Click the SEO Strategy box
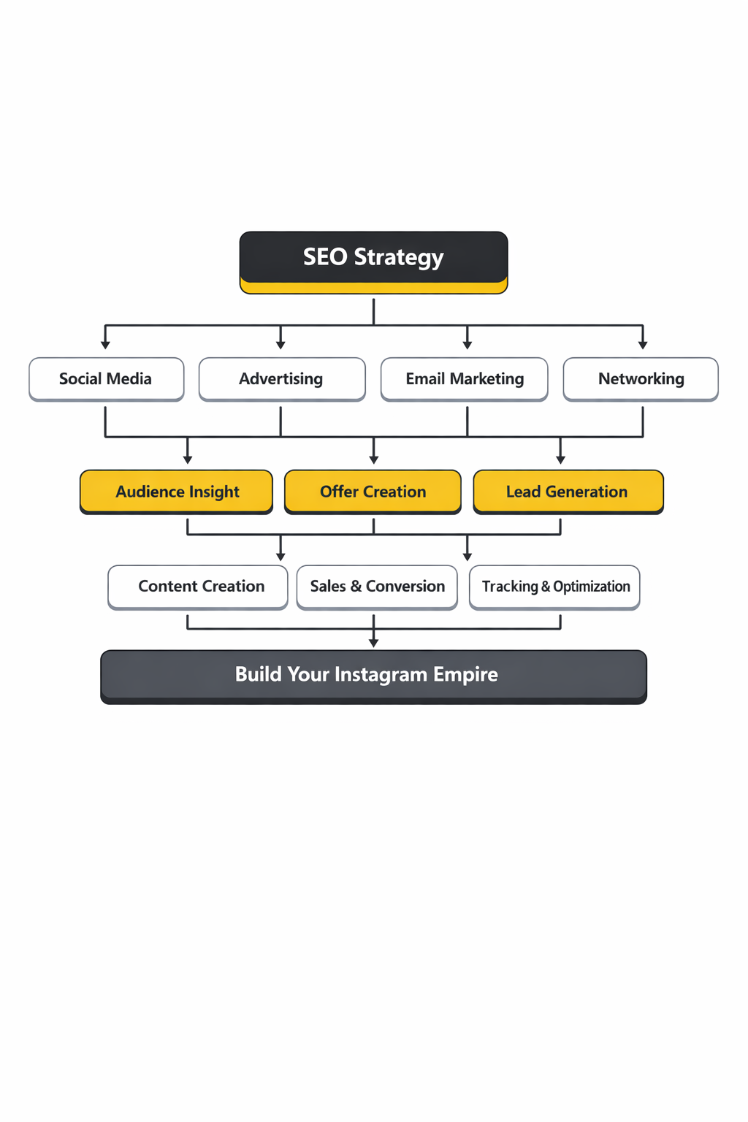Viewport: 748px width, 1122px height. pos(373,262)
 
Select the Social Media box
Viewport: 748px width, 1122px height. pos(106,378)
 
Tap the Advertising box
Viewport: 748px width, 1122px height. pos(281,378)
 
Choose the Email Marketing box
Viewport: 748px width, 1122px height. pos(465,378)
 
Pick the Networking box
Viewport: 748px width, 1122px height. pos(641,378)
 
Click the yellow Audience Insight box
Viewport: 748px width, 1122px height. pos(176,492)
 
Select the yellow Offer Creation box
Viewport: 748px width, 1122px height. pos(373,492)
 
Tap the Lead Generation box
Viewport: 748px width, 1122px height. pos(568,492)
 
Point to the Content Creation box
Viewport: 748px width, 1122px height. pos(198,587)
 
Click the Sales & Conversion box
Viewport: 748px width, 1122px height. pos(377,587)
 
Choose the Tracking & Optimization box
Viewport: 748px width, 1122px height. pos(554,587)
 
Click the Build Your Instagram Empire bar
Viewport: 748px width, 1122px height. pos(373,676)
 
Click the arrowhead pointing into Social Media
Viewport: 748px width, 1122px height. pos(105,345)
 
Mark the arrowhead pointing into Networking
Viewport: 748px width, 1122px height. pos(643,345)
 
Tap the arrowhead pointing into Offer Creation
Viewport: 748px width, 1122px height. pos(374,459)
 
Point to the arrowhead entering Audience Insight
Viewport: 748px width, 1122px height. pos(188,459)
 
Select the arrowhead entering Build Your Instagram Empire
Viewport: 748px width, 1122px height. pos(374,643)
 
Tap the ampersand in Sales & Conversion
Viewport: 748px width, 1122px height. pos(356,587)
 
